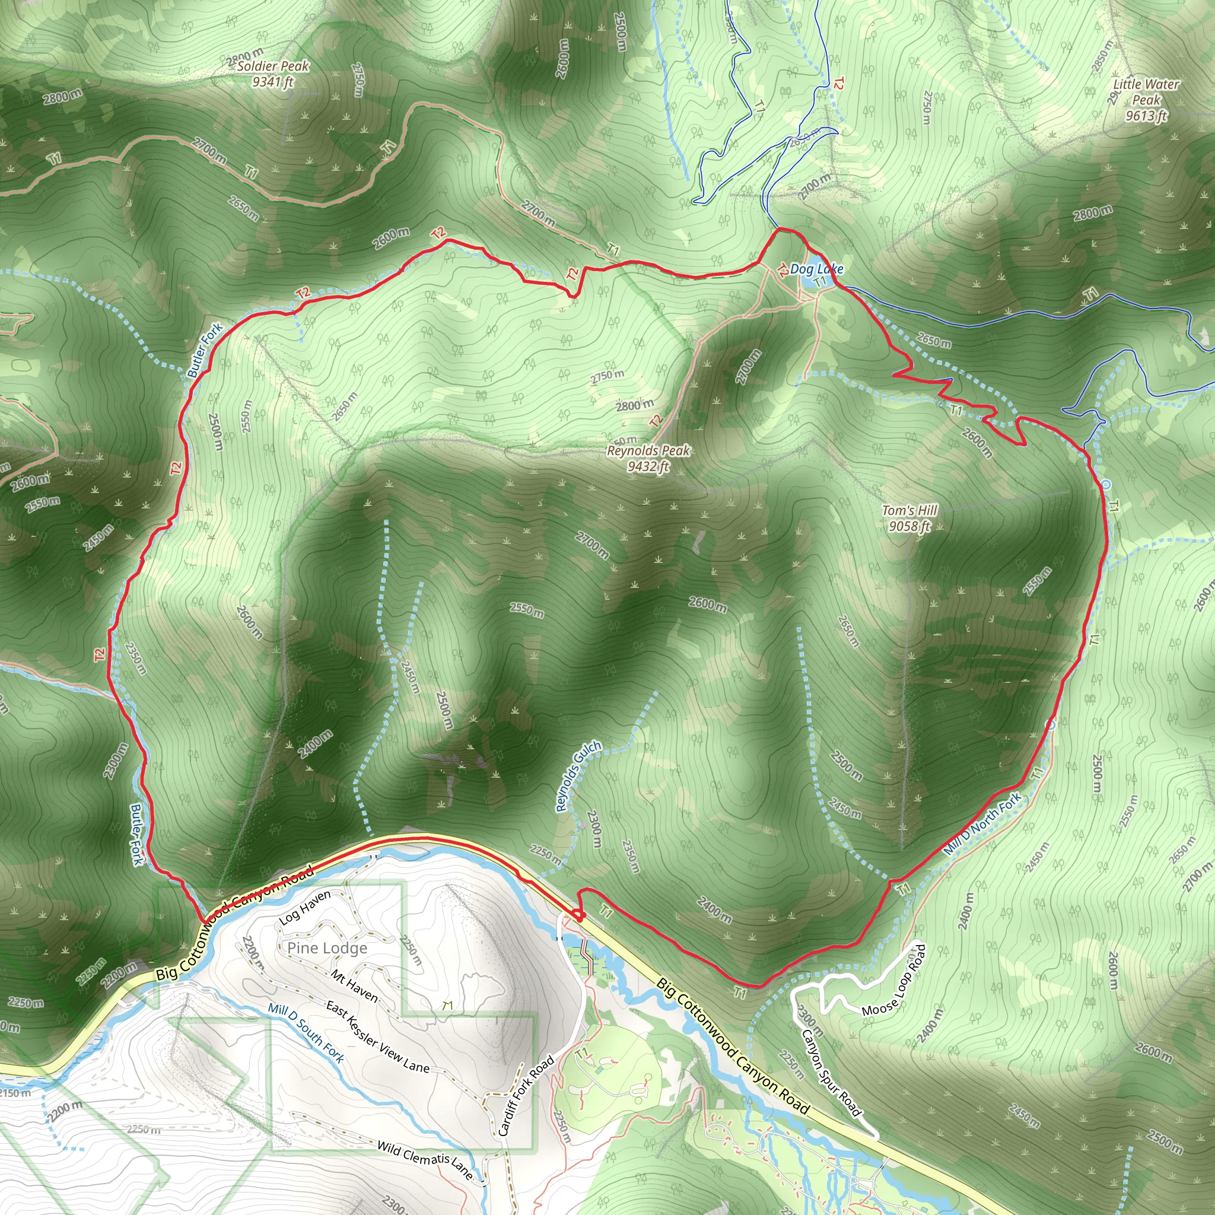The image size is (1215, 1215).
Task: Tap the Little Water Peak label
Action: coord(1146,99)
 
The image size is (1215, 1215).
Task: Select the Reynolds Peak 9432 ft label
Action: coord(648,459)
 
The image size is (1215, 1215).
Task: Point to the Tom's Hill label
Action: coord(909,518)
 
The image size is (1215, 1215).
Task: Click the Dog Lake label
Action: coord(816,269)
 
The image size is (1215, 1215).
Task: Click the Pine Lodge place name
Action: coord(327,949)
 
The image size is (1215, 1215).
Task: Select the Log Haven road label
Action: coord(305,908)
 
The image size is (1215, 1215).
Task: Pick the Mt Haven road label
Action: coord(355,986)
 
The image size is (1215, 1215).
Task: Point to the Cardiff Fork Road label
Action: coord(526,1096)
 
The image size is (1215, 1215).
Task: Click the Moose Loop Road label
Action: coord(894,981)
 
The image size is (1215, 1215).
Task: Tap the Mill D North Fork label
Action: coord(982,824)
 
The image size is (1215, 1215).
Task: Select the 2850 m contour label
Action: coord(1102,56)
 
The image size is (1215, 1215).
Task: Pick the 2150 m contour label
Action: coord(15,1093)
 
